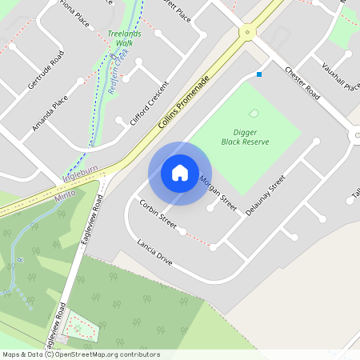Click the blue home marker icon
point(180,173)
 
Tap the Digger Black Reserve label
point(245,135)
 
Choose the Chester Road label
point(302,84)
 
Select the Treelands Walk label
point(124,38)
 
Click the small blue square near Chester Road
point(259,74)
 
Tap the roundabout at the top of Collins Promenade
point(247,32)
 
